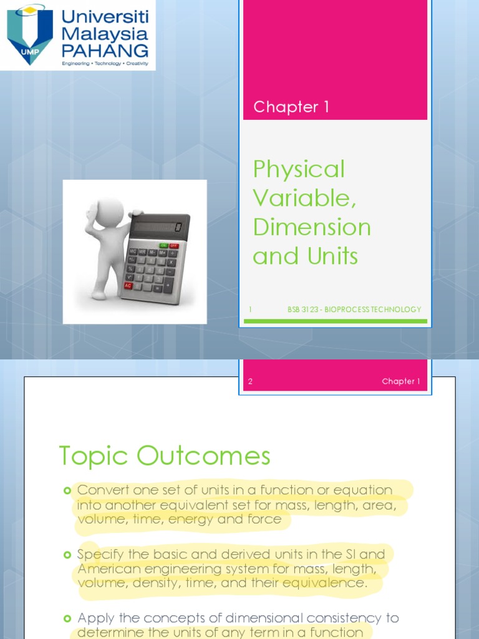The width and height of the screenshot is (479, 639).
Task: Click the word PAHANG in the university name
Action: tap(105, 50)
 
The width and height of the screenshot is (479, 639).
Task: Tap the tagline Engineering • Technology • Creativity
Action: tap(105, 64)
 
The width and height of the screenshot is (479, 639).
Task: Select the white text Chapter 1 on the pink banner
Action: tap(291, 107)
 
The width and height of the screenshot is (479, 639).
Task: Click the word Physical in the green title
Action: tap(299, 169)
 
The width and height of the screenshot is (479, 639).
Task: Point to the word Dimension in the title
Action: tap(312, 227)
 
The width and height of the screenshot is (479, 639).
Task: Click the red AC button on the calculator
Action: tap(128, 285)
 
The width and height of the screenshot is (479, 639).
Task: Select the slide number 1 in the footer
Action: tap(250, 310)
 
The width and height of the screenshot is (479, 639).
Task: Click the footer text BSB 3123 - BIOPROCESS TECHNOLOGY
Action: tap(354, 310)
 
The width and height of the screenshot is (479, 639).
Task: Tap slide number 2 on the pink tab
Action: tap(250, 381)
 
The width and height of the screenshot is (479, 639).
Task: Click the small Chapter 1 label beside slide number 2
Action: tap(401, 381)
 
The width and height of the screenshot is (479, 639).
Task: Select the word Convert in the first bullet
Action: tap(102, 490)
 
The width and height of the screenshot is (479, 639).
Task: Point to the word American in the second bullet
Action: tap(109, 568)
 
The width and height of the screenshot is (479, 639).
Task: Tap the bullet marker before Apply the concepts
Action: tap(67, 618)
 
